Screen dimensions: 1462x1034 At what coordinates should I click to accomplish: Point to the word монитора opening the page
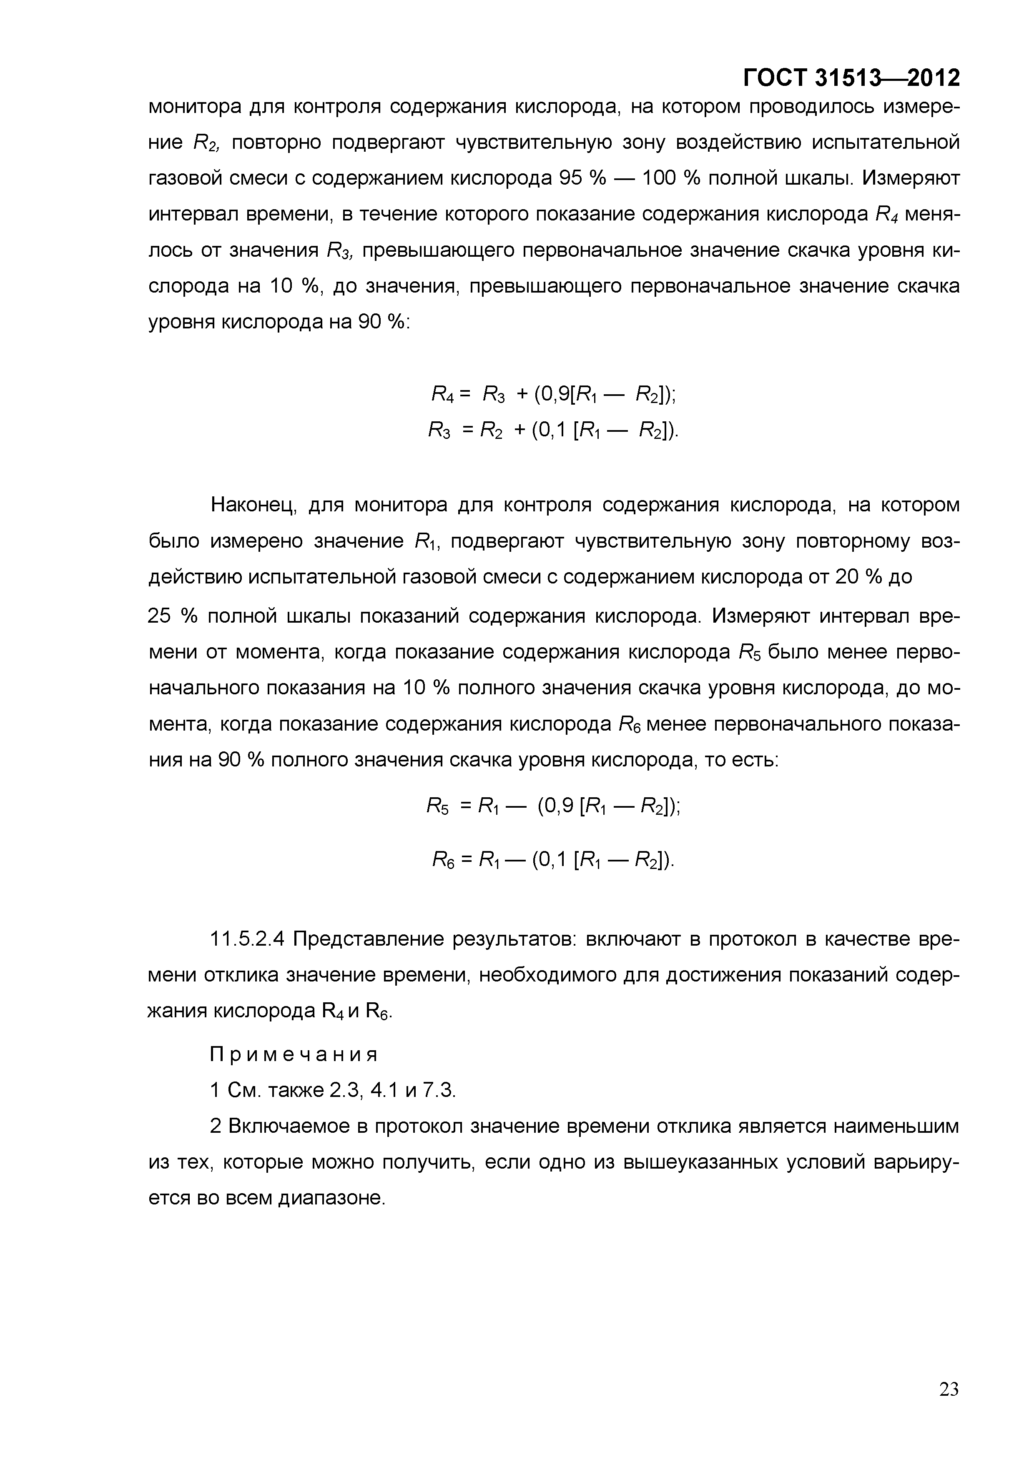pos(194,107)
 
